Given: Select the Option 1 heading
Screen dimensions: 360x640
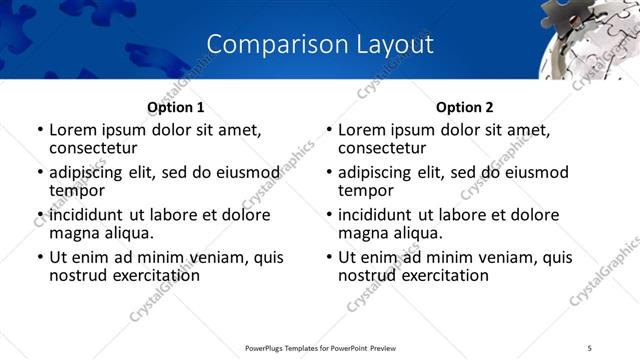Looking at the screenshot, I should [175, 107].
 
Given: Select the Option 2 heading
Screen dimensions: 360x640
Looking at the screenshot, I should [465, 107].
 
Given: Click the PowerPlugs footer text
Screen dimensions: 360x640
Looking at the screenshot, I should [320, 348].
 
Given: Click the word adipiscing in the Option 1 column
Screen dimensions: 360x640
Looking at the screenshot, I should [91, 172].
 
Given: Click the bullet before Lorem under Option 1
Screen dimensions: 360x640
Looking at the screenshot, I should [39, 130].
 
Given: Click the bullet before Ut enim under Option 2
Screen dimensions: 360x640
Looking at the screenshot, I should [329, 257].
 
